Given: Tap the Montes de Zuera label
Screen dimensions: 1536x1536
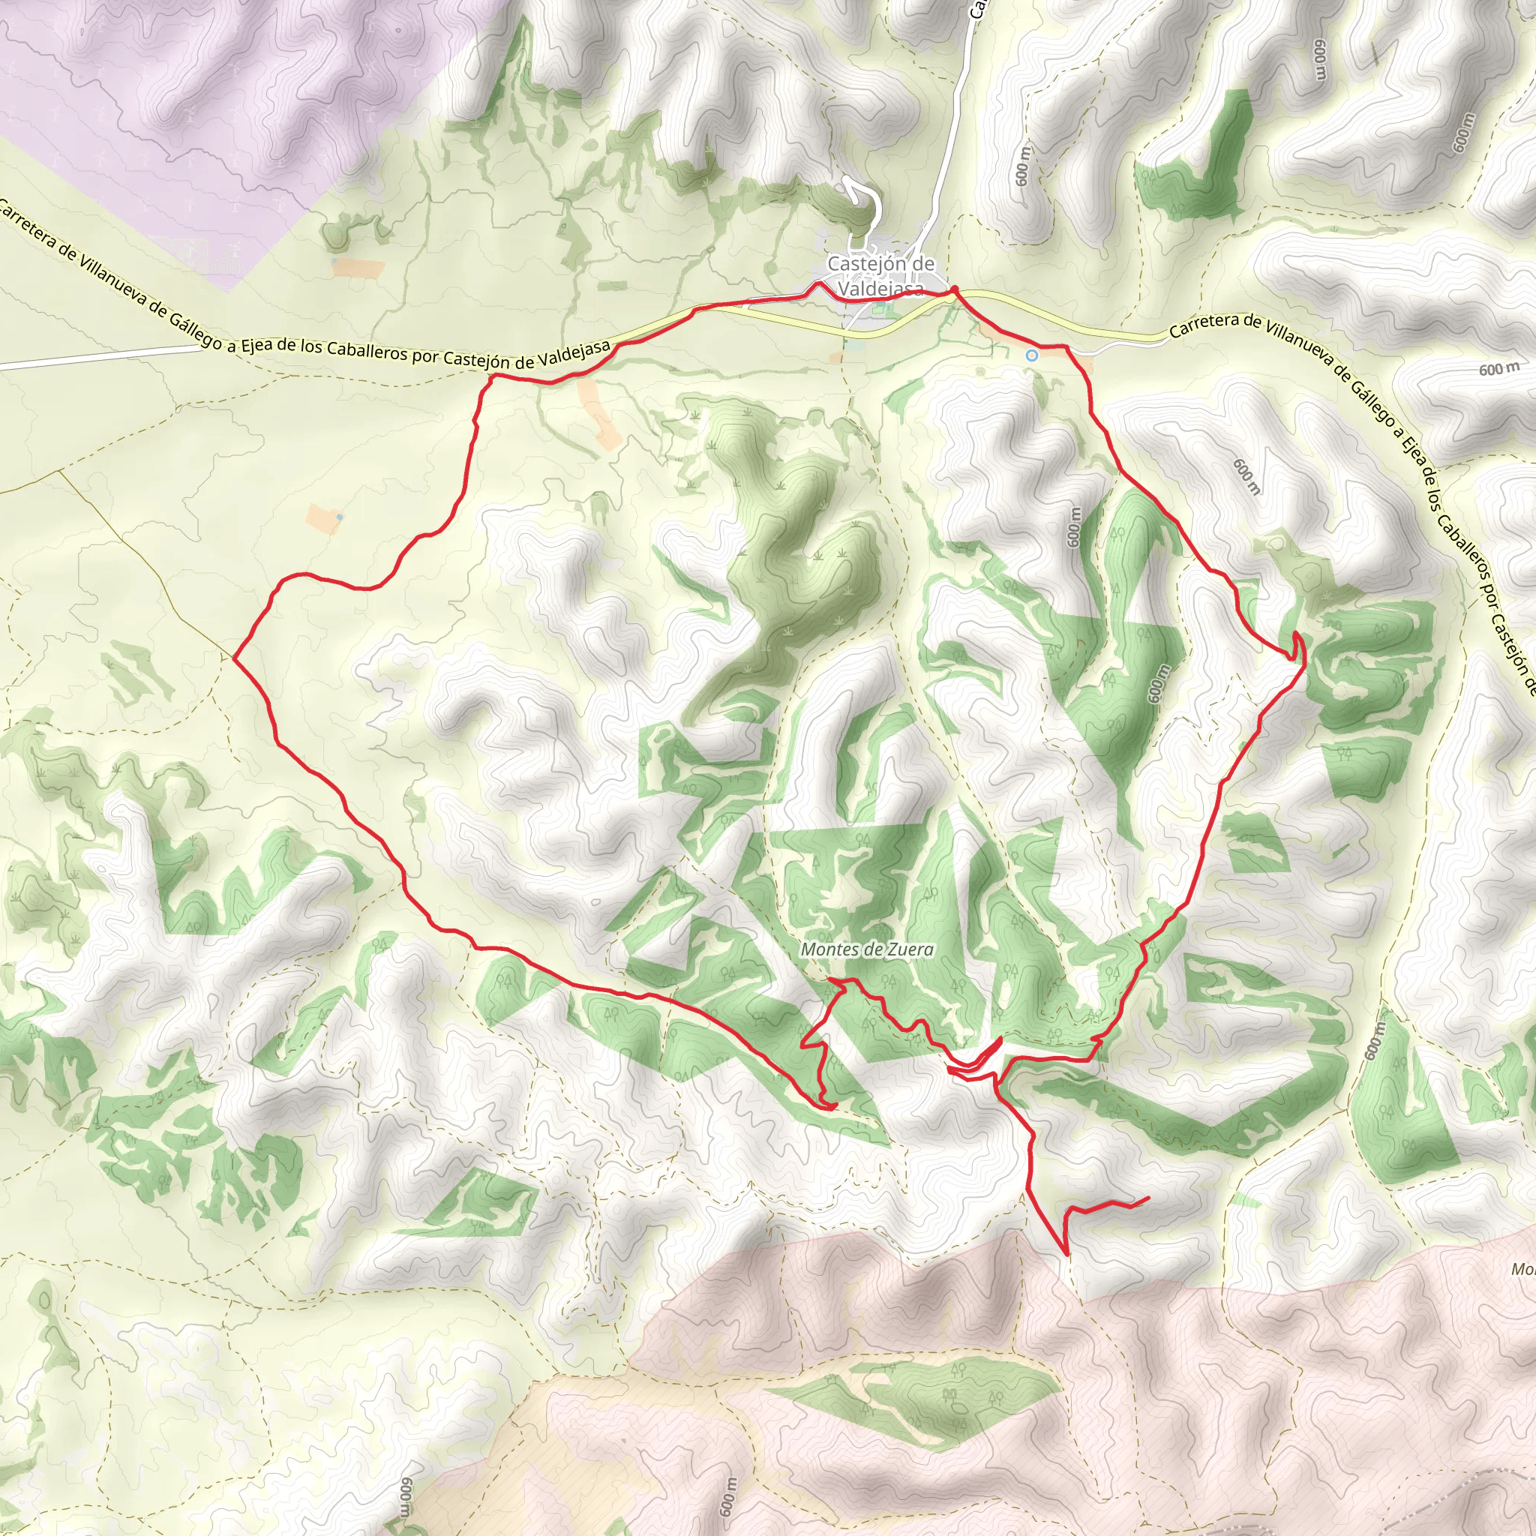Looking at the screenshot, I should point(866,949).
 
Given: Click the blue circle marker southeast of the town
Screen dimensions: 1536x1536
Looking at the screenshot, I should point(1032,355).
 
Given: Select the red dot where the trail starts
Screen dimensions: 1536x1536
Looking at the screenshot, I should point(954,289).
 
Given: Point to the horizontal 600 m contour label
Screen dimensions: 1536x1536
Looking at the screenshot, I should point(1500,369).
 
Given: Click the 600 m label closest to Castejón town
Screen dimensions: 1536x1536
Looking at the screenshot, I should point(1023,165).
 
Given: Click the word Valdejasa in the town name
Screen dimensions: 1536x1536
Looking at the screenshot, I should point(881,289).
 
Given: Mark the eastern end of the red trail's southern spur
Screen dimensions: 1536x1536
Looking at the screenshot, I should point(1149,1198).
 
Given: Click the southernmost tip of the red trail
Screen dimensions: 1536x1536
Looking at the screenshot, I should point(1065,1254).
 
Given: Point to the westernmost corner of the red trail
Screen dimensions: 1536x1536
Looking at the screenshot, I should point(235,657).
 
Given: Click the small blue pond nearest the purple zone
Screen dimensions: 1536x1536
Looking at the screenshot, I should point(334,260).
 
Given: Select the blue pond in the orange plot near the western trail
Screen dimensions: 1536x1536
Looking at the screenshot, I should point(340,517).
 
